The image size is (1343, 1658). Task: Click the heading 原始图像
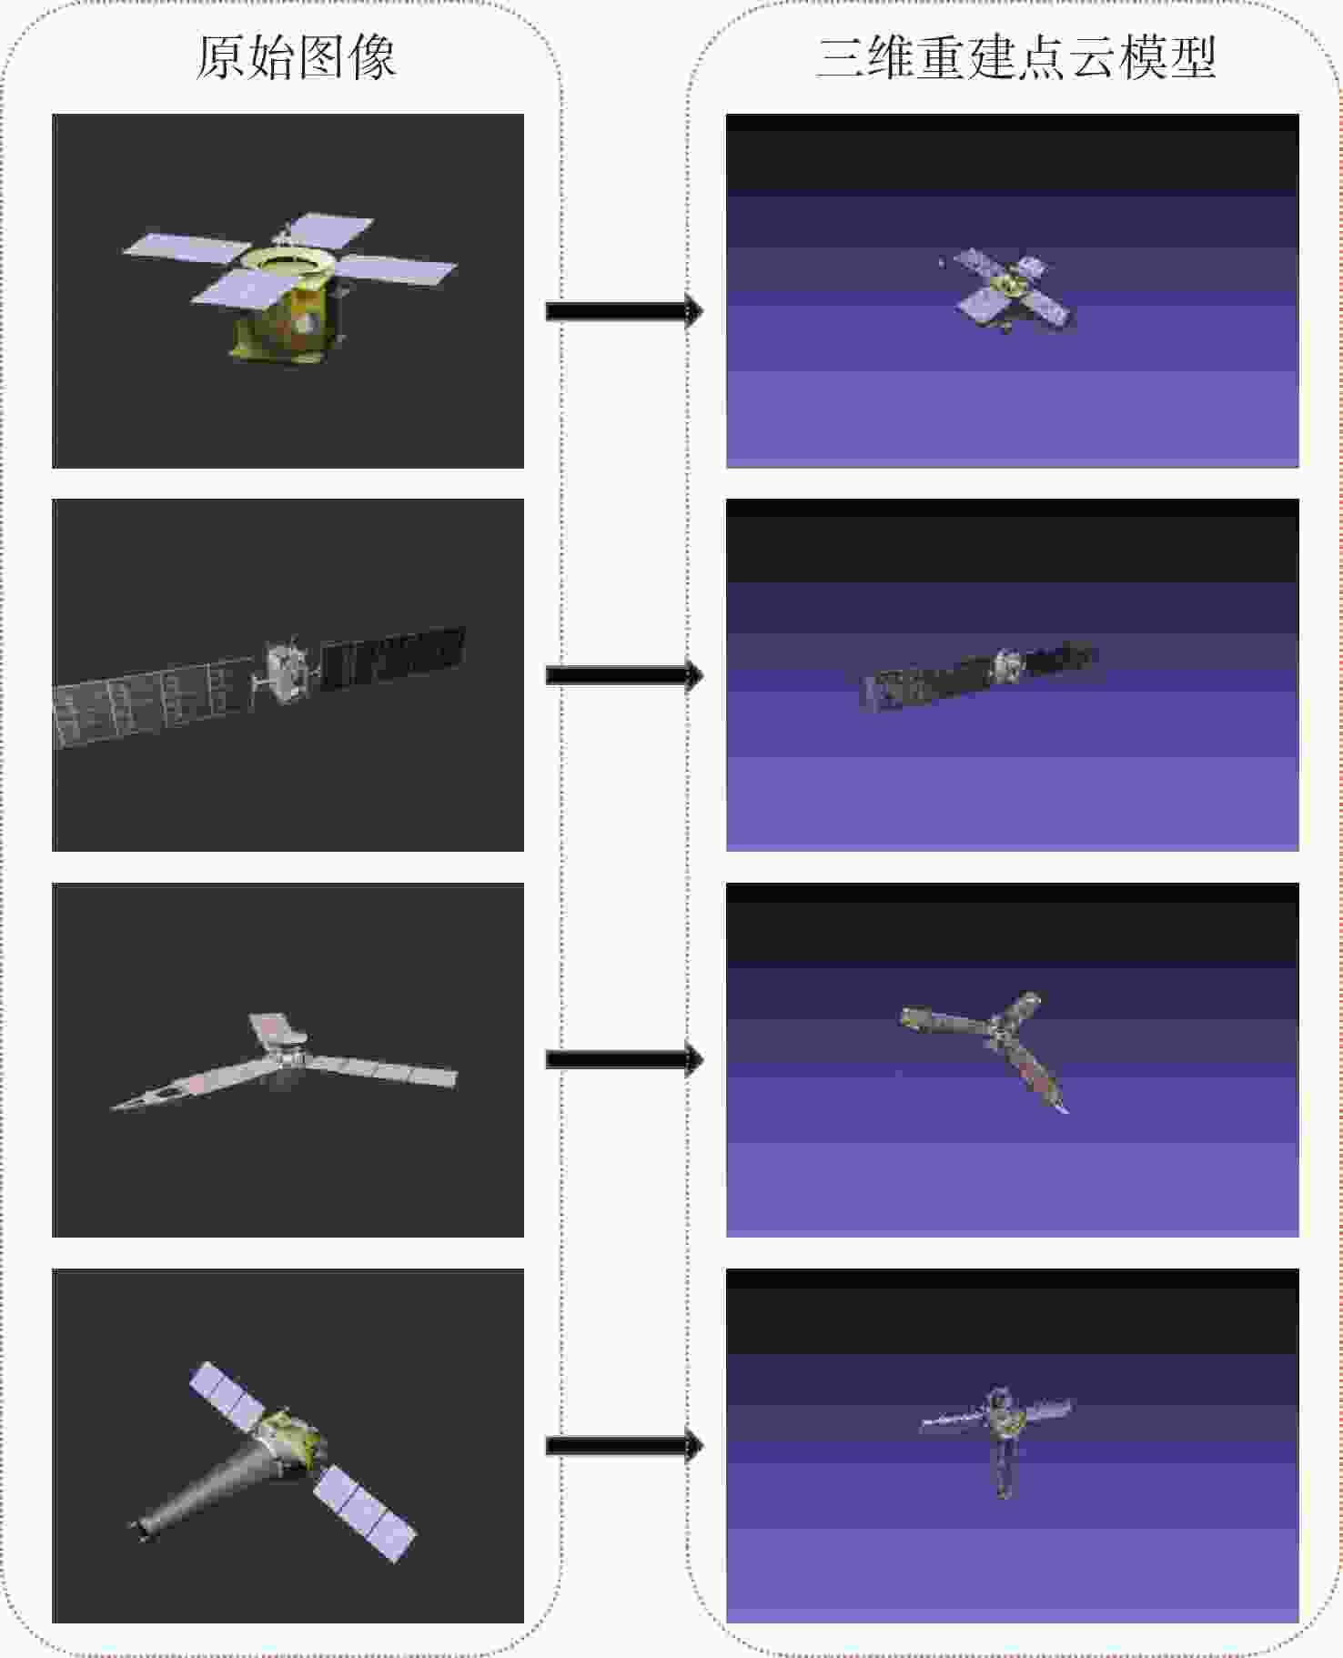pos(296,57)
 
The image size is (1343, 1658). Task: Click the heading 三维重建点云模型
pos(1016,57)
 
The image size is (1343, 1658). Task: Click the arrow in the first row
pos(624,311)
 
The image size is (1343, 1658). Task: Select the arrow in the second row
pos(624,675)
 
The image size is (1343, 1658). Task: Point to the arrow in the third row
pos(624,1060)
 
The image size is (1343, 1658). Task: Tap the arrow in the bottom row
pos(624,1445)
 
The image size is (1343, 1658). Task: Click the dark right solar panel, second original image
pos(392,655)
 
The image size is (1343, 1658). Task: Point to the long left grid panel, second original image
pos(153,702)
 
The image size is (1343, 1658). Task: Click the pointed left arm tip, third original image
pos(112,1107)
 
